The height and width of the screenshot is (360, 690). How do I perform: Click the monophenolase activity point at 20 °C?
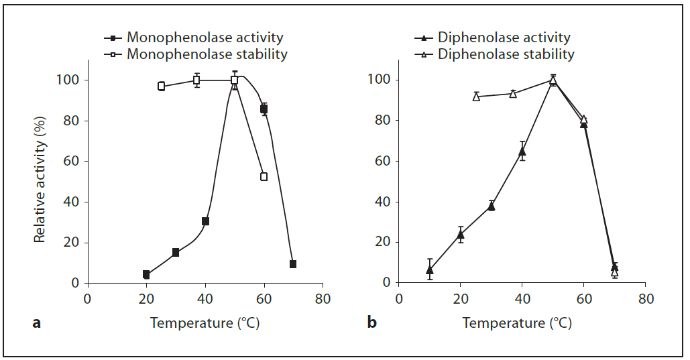click(x=146, y=274)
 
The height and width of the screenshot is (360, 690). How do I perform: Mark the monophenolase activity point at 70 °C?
click(x=293, y=264)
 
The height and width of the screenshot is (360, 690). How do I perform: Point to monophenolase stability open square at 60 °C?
click(x=264, y=176)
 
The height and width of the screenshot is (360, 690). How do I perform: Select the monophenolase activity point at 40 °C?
click(x=205, y=221)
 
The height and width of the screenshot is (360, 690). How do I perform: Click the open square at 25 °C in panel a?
click(x=161, y=86)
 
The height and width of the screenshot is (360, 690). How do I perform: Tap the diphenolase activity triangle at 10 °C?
click(x=430, y=269)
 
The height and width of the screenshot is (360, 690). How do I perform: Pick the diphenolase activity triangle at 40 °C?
click(x=522, y=151)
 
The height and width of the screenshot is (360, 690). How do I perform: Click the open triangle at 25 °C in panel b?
click(x=476, y=97)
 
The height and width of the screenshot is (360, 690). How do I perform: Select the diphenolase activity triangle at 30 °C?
click(x=492, y=206)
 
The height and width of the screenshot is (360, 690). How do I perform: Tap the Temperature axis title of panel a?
click(x=205, y=323)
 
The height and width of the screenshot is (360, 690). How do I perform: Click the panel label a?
click(x=37, y=323)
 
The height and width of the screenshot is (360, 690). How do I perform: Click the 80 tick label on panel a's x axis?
click(x=323, y=299)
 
